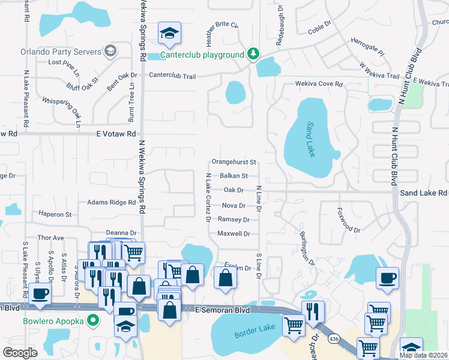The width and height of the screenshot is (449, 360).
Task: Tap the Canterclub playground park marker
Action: tap(254, 55)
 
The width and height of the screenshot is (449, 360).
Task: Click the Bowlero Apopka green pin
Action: tap(92, 320)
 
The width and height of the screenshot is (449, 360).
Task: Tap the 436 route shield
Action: tap(333, 340)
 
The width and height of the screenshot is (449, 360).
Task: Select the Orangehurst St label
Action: tap(234, 162)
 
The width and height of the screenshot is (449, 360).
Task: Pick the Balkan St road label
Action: tap(233, 176)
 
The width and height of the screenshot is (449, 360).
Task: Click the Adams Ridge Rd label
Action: tap(111, 203)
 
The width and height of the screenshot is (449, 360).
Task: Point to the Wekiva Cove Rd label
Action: tap(318, 85)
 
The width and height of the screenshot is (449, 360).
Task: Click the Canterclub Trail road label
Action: tap(172, 76)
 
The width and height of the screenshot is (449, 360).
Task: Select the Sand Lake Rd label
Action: tap(424, 193)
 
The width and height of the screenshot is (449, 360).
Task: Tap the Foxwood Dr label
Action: tap(349, 221)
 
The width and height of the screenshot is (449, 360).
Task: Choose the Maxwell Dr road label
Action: tap(234, 233)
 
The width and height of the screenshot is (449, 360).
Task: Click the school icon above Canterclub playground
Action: tap(169, 34)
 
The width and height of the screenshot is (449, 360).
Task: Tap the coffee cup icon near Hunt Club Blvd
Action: tap(387, 278)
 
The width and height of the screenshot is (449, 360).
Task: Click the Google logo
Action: tap(20, 352)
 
